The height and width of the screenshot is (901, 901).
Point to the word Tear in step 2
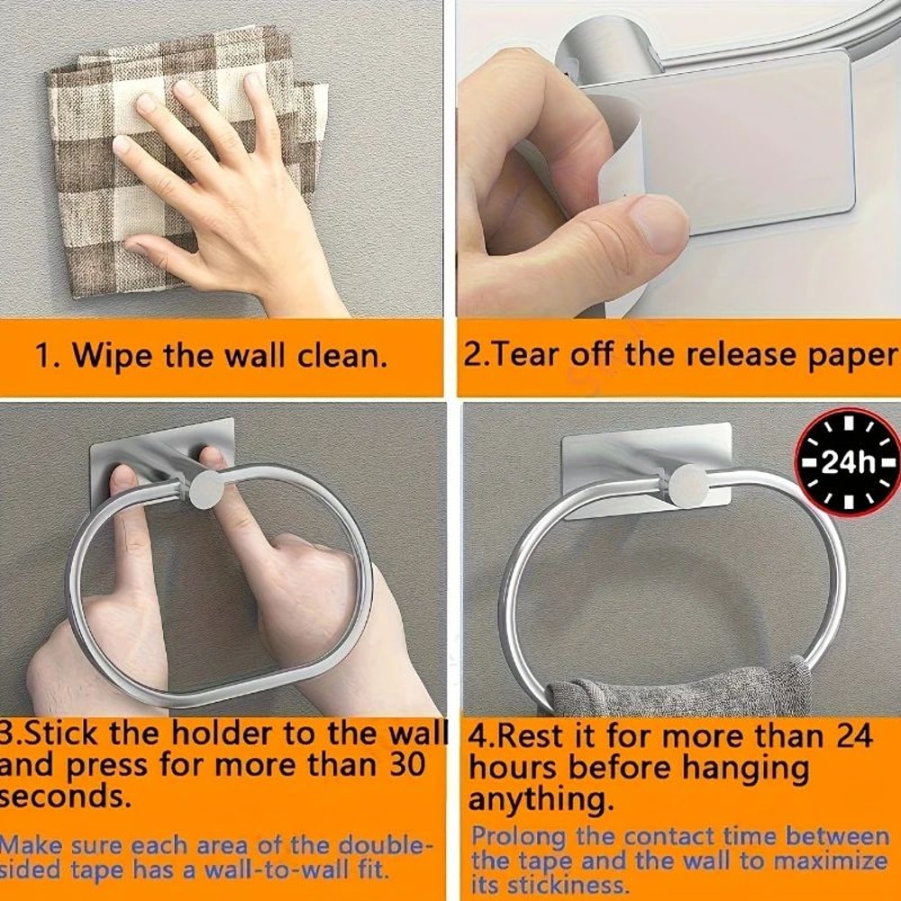(x=524, y=354)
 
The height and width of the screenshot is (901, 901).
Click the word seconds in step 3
(x=64, y=797)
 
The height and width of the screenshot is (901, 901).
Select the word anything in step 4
(x=541, y=799)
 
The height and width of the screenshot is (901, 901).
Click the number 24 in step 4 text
(x=853, y=735)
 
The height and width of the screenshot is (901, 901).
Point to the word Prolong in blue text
(x=520, y=838)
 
